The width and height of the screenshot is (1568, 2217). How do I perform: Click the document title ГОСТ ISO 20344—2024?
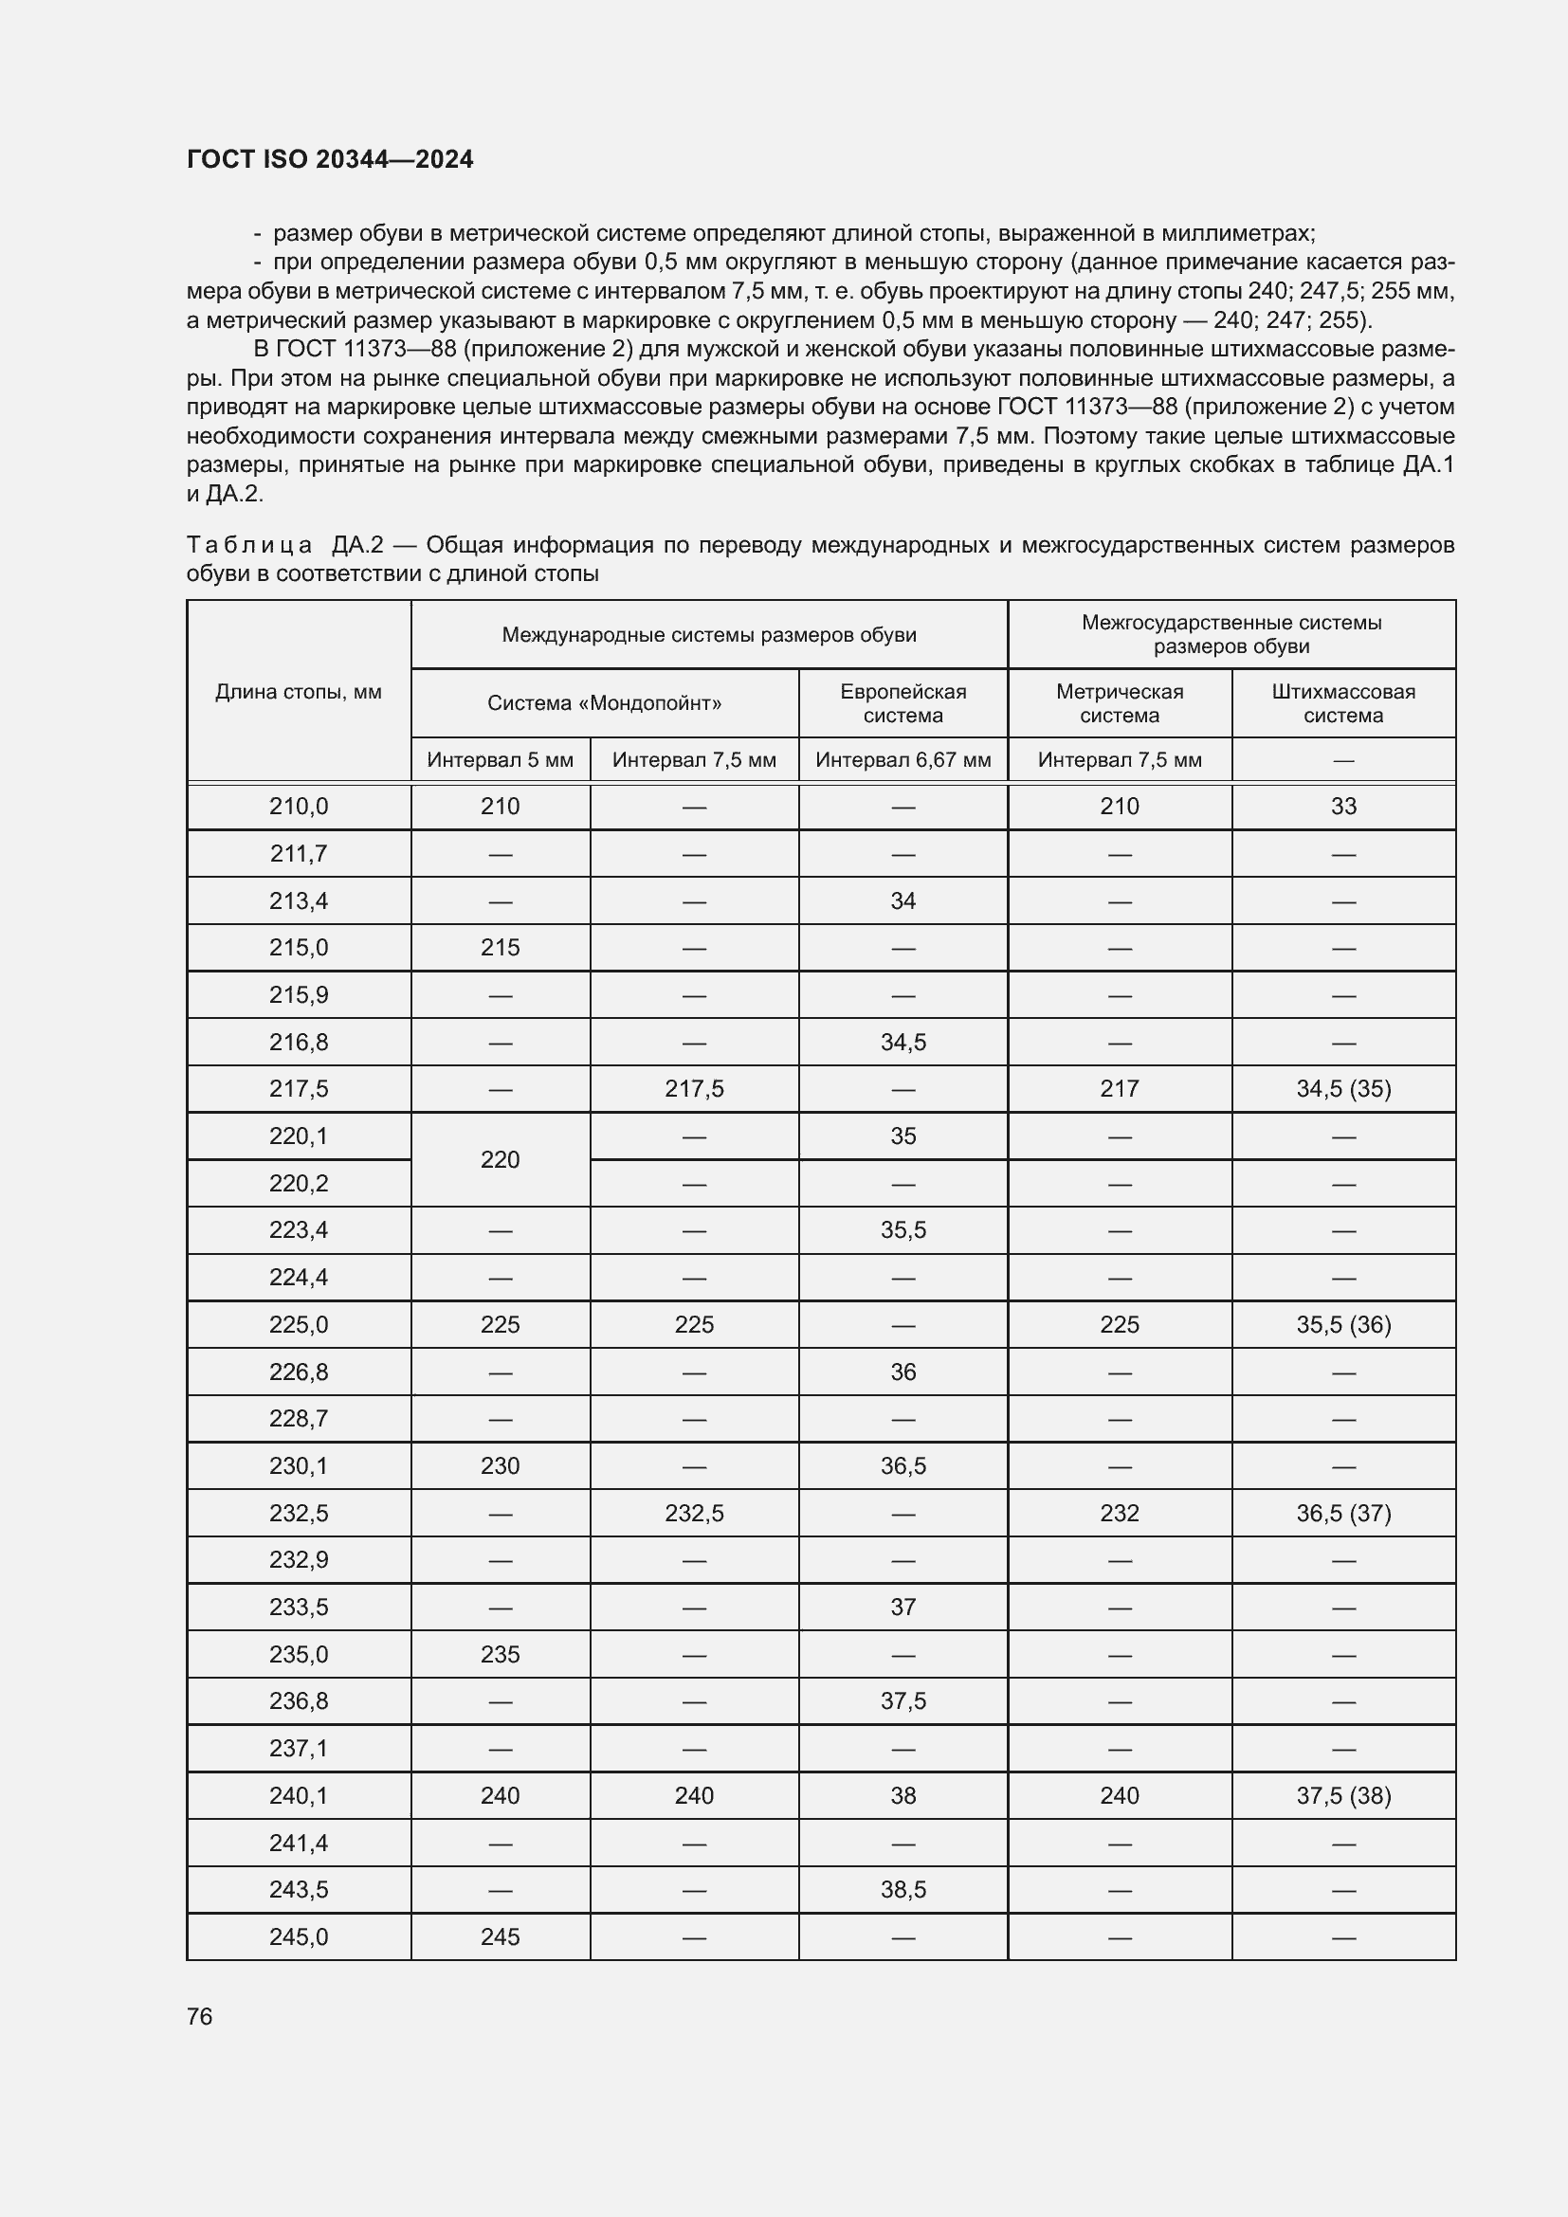[329, 159]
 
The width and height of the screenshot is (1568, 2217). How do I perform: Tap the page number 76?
[200, 2016]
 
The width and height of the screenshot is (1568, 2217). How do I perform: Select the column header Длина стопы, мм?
[299, 691]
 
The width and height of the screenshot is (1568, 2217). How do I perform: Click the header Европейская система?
[903, 703]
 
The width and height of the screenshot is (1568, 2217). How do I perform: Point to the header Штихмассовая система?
[1343, 703]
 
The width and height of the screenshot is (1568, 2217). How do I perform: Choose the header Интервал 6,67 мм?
[903, 760]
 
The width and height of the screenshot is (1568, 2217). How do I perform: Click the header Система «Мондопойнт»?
[605, 703]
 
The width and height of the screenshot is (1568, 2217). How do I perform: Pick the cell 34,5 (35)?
[1343, 1089]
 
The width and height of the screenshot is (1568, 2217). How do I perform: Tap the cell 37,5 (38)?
[1343, 1795]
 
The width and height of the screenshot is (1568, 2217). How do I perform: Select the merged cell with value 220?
[501, 1159]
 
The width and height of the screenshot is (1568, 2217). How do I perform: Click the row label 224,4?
[299, 1278]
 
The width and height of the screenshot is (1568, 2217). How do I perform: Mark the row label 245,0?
[299, 1937]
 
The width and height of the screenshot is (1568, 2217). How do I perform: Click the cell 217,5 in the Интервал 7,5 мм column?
[694, 1089]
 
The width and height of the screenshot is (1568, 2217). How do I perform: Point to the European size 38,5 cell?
[903, 1890]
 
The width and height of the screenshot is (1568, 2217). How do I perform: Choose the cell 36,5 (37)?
[1343, 1513]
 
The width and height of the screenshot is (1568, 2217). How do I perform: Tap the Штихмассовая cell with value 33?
[1343, 807]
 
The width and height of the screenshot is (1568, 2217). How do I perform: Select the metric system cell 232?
[1119, 1513]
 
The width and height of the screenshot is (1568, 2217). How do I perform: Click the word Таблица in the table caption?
[249, 546]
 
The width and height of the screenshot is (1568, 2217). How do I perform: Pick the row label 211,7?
[299, 854]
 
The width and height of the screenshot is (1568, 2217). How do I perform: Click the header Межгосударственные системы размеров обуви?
[1231, 634]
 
